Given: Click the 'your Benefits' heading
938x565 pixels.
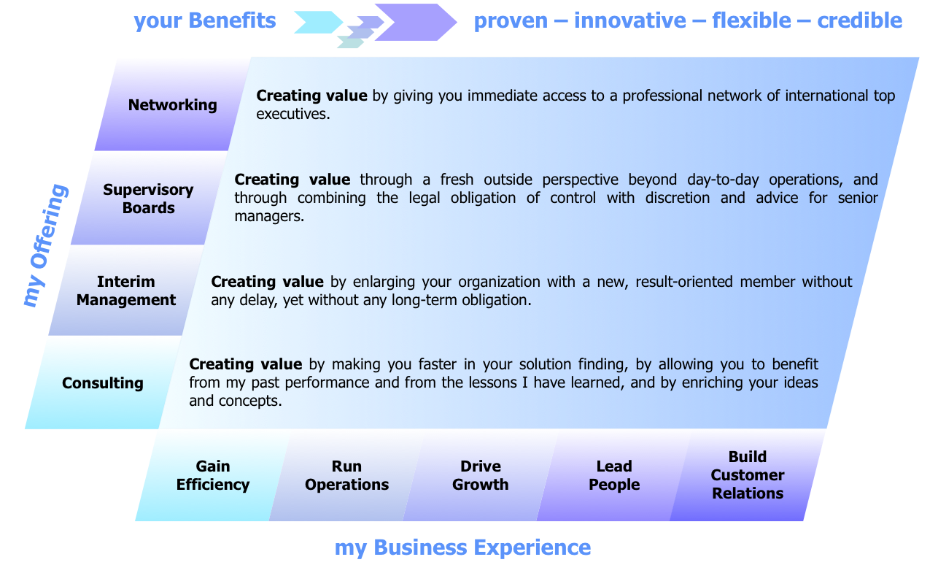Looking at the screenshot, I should [205, 20].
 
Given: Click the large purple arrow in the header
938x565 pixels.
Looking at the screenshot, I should [414, 22].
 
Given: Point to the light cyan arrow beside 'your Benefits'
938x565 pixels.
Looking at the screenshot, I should [317, 22].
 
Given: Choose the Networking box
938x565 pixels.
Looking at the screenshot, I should [172, 104].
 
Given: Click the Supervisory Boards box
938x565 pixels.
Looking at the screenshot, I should [148, 199].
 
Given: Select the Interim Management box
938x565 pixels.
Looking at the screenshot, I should [126, 291].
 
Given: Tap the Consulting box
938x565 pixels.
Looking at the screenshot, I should [102, 383].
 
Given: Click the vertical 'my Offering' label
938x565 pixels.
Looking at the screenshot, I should [45, 245].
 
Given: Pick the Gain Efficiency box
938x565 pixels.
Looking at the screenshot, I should [212, 475].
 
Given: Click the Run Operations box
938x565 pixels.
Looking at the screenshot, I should [346, 475].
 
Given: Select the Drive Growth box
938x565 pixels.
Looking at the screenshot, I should [480, 475].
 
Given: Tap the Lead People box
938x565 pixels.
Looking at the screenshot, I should [614, 475].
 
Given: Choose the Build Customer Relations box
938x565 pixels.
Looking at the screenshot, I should [748, 475].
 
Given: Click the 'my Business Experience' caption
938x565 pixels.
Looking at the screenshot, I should [462, 547].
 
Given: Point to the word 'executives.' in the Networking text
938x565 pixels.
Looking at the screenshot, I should [293, 114].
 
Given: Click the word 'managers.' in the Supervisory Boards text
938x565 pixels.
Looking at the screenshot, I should [269, 216].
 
